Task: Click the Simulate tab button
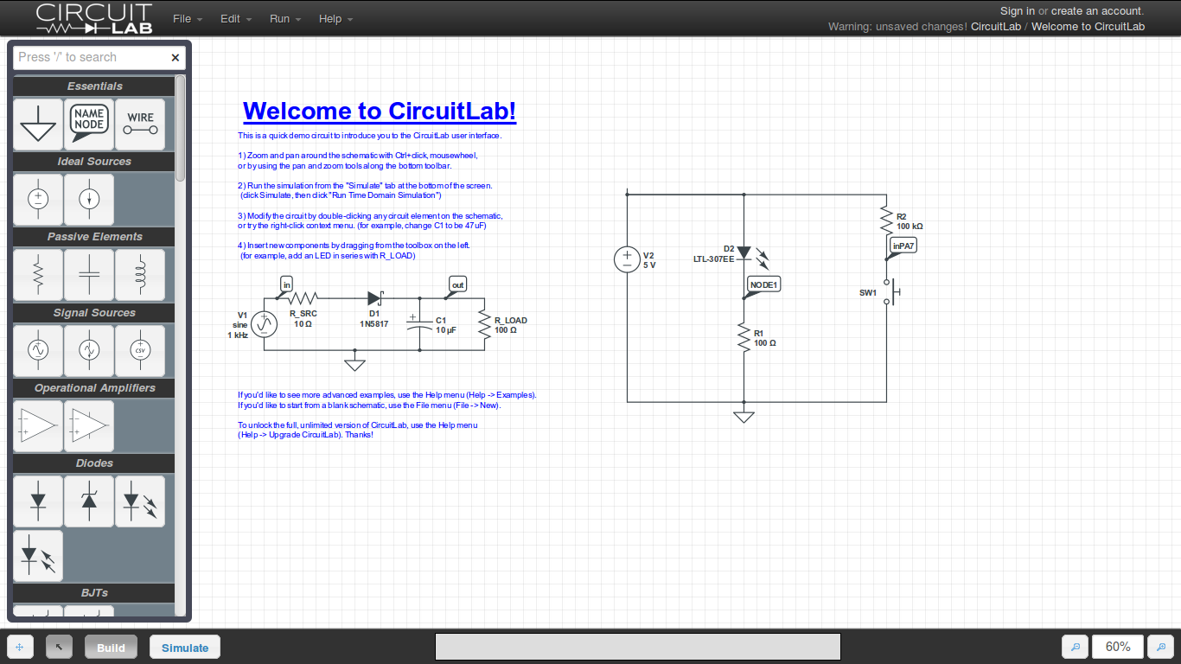tap(185, 648)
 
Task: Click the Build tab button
tap(111, 648)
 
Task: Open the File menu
tap(187, 19)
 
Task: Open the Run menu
tap(284, 19)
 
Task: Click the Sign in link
tap(1017, 11)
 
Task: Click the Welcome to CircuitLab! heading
tap(380, 112)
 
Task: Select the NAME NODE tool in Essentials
tap(89, 124)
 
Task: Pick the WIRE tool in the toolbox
tap(140, 124)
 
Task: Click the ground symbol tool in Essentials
tap(38, 124)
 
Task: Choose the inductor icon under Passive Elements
tap(140, 274)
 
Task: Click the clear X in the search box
tap(176, 58)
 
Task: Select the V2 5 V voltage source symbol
tap(627, 259)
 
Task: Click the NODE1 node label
tap(763, 284)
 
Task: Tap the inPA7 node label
tap(903, 246)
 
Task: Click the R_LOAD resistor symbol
tap(484, 325)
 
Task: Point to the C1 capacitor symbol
tap(419, 325)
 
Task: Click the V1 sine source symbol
tap(263, 325)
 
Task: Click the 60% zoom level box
tap(1117, 647)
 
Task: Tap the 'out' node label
tap(457, 284)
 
